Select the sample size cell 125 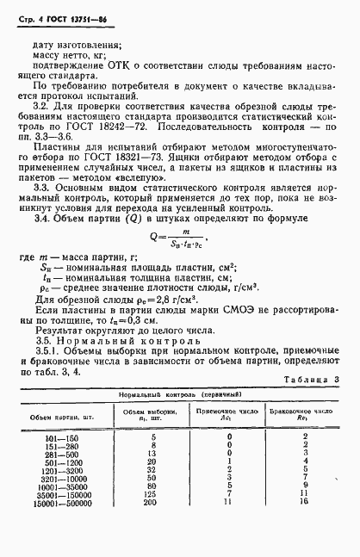coord(150,518)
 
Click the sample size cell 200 coord(150,526)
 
